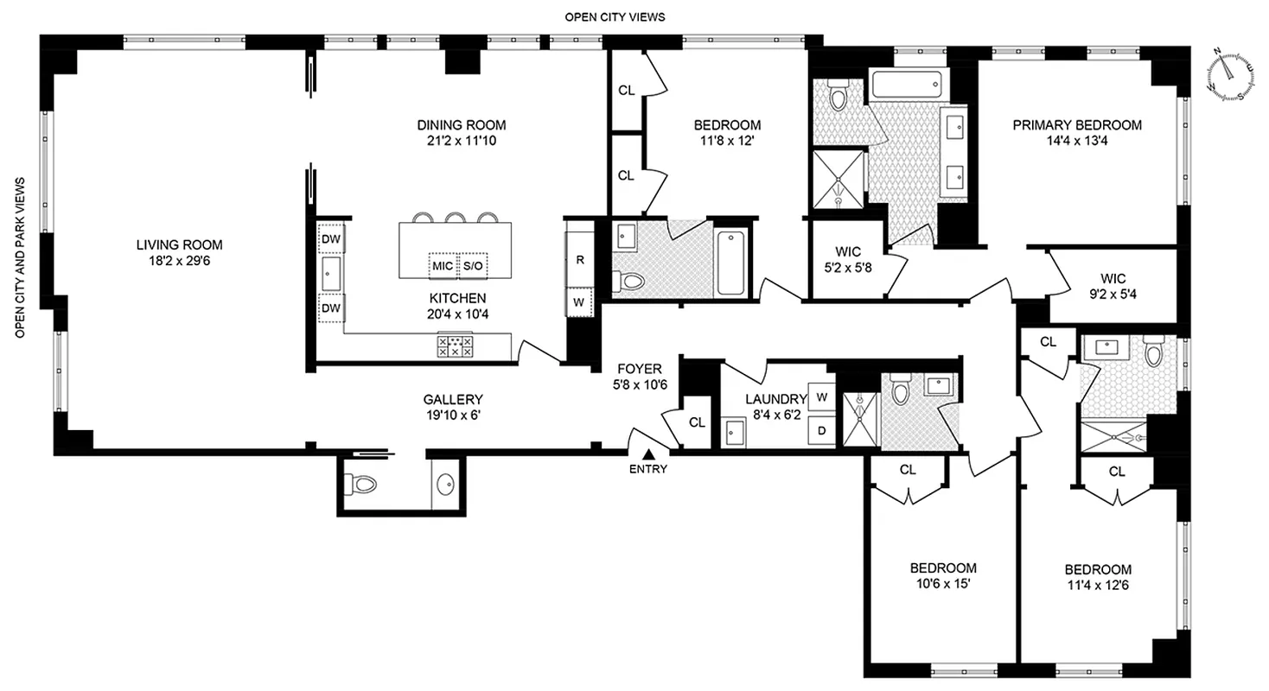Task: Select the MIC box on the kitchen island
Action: click(x=443, y=266)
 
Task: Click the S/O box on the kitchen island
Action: click(x=473, y=266)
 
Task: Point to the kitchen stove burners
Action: click(x=455, y=346)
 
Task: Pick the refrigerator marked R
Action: click(x=580, y=259)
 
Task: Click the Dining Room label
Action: click(x=461, y=124)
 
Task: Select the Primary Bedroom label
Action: click(x=1077, y=125)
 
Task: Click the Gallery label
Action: click(x=452, y=399)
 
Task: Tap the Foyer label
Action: click(x=639, y=370)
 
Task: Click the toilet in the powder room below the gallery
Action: click(x=360, y=485)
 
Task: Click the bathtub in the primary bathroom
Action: click(x=905, y=86)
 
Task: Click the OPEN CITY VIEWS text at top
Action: click(x=615, y=16)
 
